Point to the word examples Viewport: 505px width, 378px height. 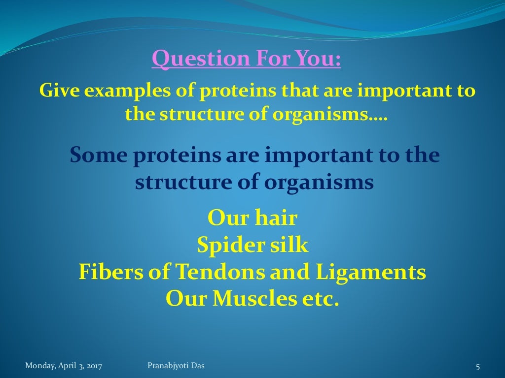coord(122,92)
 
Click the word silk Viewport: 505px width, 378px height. coord(288,245)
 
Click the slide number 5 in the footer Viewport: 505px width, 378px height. coord(477,366)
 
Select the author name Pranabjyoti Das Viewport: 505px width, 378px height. coord(176,365)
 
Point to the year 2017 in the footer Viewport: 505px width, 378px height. coord(100,366)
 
